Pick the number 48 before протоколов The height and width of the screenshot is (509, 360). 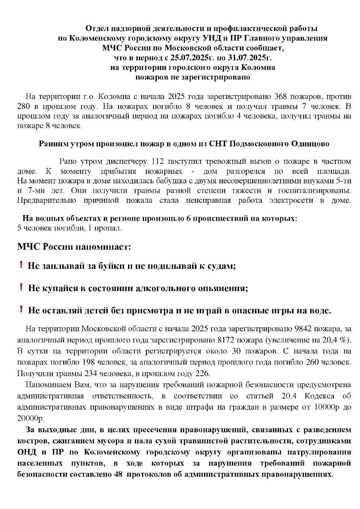tap(164, 474)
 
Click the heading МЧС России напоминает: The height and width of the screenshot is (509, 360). tap(74, 247)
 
